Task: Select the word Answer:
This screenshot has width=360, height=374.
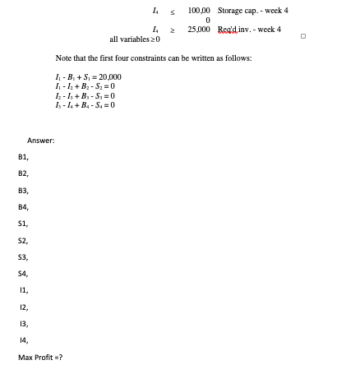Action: (41, 141)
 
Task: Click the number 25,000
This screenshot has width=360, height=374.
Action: (201, 29)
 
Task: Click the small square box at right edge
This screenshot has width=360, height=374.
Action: (303, 36)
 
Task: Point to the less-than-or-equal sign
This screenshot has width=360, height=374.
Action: (172, 11)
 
